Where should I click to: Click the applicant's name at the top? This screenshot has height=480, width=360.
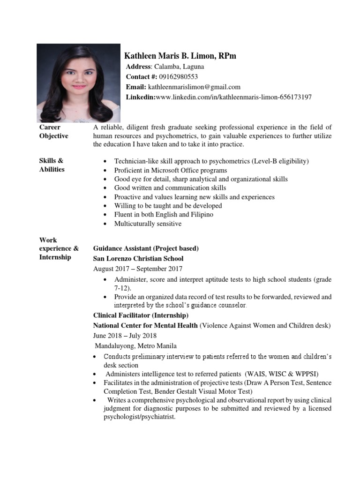pyautogui.click(x=180, y=56)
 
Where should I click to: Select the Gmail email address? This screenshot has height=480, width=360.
pyautogui.click(x=194, y=87)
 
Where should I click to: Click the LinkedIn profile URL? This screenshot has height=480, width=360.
pyautogui.click(x=233, y=97)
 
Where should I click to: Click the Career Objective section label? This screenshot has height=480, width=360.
pyautogui.click(x=53, y=131)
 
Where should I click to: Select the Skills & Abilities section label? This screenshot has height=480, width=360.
pyautogui.click(x=52, y=165)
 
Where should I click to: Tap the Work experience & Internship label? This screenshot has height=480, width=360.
pyautogui.click(x=59, y=248)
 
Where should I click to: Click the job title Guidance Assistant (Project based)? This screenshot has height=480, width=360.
pyautogui.click(x=146, y=248)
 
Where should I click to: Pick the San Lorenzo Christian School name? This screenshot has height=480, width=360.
pyautogui.click(x=138, y=258)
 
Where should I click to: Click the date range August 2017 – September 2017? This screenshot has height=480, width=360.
pyautogui.click(x=138, y=269)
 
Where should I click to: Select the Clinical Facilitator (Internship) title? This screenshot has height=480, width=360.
pyautogui.click(x=141, y=315)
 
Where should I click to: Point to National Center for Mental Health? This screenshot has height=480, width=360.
pyautogui.click(x=145, y=325)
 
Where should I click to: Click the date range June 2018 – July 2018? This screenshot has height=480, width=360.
pyautogui.click(x=125, y=336)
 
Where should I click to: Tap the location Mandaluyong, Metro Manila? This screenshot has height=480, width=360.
pyautogui.click(x=136, y=346)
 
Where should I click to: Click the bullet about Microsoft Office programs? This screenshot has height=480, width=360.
pyautogui.click(x=171, y=170)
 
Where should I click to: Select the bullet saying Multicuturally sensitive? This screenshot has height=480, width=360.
pyautogui.click(x=148, y=224)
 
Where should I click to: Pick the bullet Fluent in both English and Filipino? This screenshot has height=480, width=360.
pyautogui.click(x=164, y=215)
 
